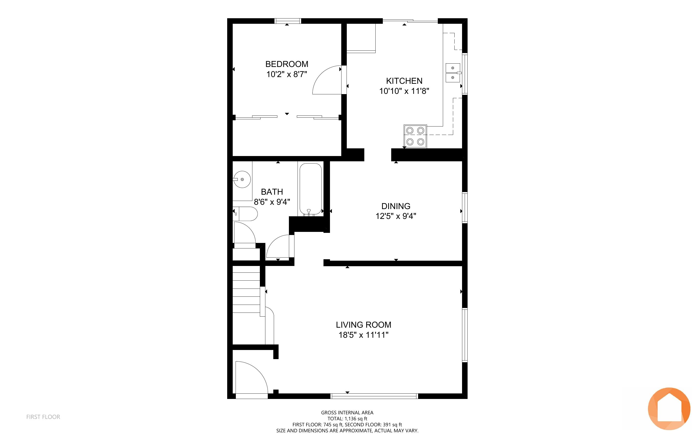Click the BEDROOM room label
click(287, 64)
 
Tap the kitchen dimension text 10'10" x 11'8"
click(404, 91)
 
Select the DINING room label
click(396, 206)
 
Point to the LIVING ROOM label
click(363, 325)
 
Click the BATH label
click(272, 192)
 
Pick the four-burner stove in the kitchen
click(415, 136)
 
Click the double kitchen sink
click(453, 73)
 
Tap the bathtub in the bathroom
click(311, 189)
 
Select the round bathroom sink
click(242, 179)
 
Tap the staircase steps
click(246, 289)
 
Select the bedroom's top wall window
click(288, 21)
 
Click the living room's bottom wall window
click(374, 396)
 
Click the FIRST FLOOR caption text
click(43, 417)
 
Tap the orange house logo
click(669, 409)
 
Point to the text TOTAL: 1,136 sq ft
click(347, 418)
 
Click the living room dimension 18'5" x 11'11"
click(363, 335)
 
